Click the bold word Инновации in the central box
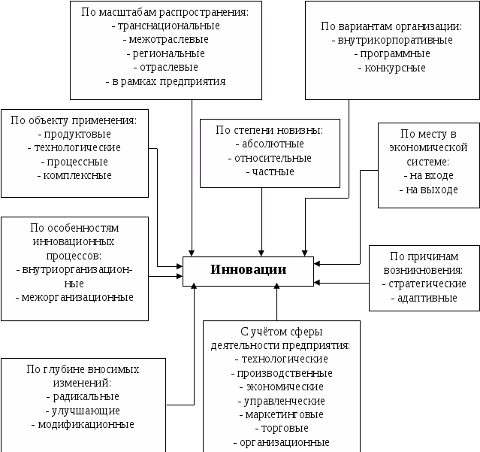249,270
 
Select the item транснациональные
169,26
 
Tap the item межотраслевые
169,40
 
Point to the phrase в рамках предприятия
169,81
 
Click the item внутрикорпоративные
395,40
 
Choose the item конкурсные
395,68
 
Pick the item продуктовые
77,134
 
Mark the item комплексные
77,175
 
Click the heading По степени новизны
270,130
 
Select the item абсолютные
273,144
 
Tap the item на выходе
432,190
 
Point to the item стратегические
427,284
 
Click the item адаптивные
427,298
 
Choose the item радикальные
86,397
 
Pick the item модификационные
86,425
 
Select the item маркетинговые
285,414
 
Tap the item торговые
285,429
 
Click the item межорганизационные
77,297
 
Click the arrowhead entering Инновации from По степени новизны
261,253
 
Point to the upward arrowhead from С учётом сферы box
276,287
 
